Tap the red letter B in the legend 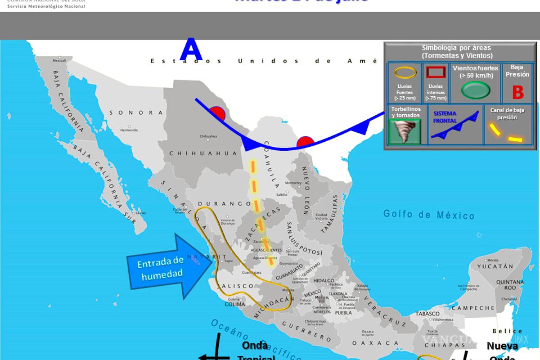[518, 93]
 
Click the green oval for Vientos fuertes [476, 90]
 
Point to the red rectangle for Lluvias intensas [436, 72]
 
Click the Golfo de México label [429, 215]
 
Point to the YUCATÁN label [495, 266]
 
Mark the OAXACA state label [367, 343]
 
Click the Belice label [508, 331]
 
